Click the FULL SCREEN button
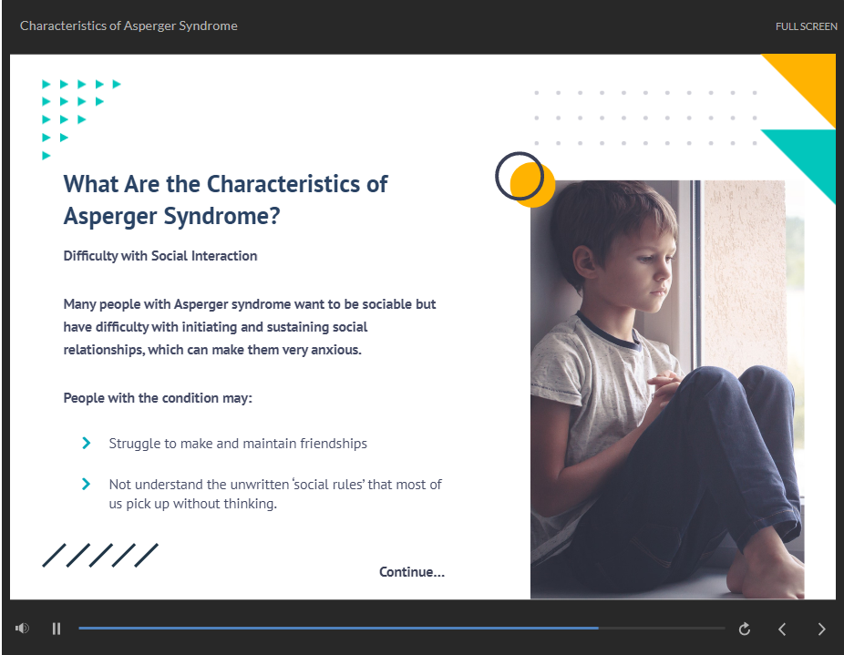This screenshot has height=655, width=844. click(806, 26)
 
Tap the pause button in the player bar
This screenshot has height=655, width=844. click(57, 629)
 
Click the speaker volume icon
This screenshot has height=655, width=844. click(22, 628)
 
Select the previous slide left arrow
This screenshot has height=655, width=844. click(782, 629)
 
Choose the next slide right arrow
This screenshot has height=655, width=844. click(821, 629)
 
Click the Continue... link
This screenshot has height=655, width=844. click(412, 571)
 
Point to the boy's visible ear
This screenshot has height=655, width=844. click(584, 262)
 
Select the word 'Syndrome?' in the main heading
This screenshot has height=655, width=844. click(221, 217)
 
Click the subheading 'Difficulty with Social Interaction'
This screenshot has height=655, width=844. click(160, 256)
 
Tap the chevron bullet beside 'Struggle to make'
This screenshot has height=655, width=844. click(86, 443)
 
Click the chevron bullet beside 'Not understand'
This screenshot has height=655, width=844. click(86, 484)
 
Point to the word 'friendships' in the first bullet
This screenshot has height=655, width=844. click(334, 444)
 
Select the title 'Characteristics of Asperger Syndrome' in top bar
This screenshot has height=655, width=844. click(129, 26)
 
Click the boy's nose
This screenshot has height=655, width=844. click(666, 274)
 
